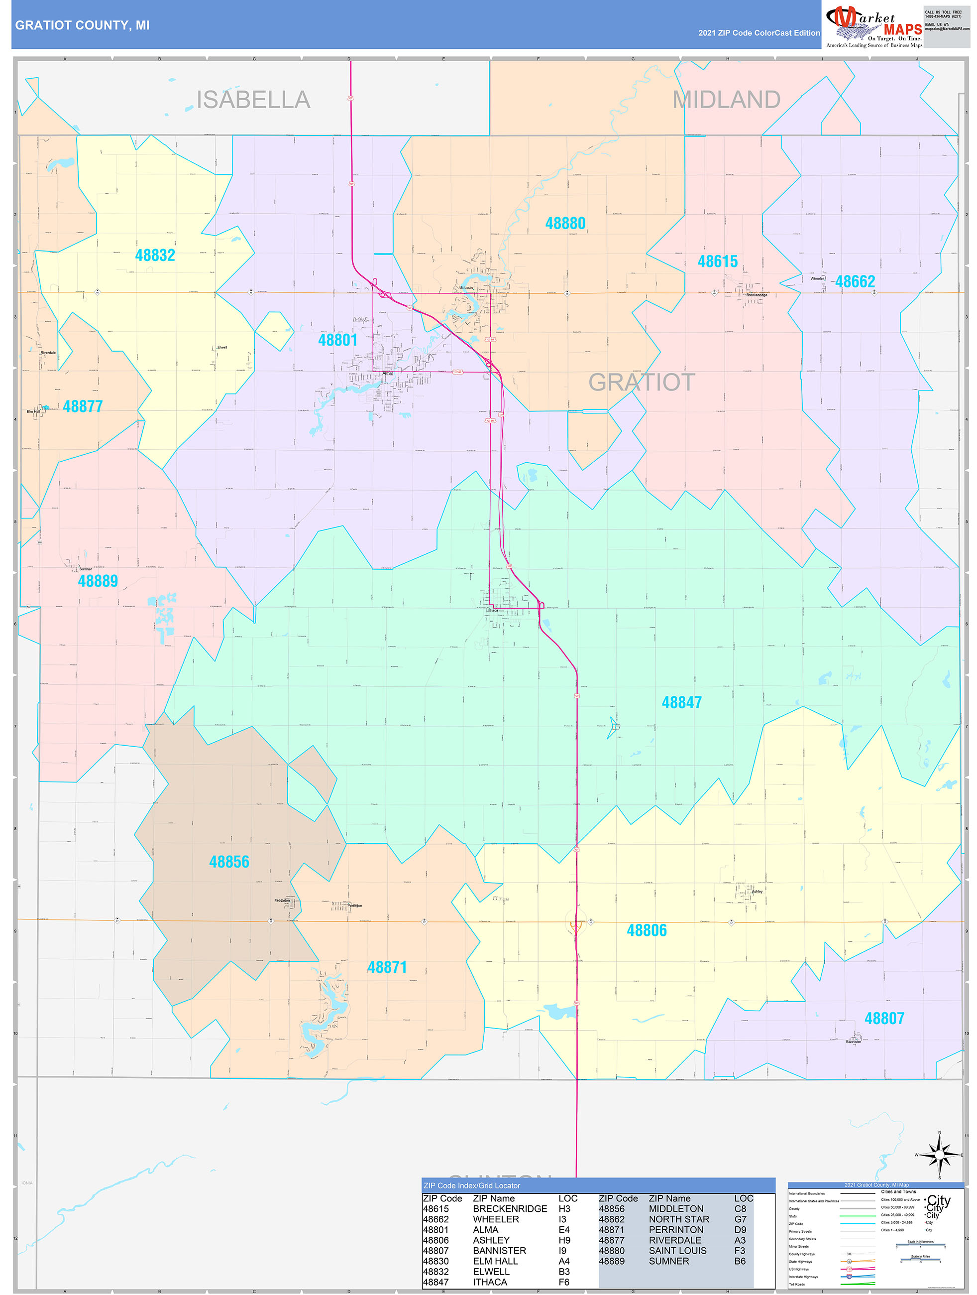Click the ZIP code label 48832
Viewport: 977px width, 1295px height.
click(x=155, y=255)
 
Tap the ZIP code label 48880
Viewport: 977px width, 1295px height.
click(x=565, y=224)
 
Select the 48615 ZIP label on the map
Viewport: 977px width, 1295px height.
click(x=717, y=261)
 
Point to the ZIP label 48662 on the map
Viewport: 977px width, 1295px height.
click(x=855, y=281)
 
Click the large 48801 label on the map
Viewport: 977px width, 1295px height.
click(x=337, y=340)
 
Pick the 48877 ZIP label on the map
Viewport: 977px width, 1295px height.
click(x=83, y=406)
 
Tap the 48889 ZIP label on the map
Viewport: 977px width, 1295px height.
click(x=98, y=581)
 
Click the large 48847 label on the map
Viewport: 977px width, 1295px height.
click(x=681, y=702)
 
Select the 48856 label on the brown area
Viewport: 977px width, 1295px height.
click(x=229, y=862)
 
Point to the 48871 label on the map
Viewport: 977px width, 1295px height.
click(x=387, y=967)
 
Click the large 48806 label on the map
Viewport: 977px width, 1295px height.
click(x=647, y=930)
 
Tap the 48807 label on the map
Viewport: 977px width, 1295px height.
click(x=884, y=1019)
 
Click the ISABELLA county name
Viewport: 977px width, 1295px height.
click(x=253, y=100)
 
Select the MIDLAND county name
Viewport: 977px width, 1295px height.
click(x=726, y=100)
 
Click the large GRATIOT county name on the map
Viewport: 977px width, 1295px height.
click(x=642, y=383)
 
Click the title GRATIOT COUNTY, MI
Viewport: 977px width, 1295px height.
click(x=83, y=25)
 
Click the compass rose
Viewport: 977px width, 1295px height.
click(x=939, y=1155)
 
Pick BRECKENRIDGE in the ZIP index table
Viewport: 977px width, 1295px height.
click(x=510, y=1209)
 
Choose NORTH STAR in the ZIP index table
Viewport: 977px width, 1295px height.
click(x=679, y=1219)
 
